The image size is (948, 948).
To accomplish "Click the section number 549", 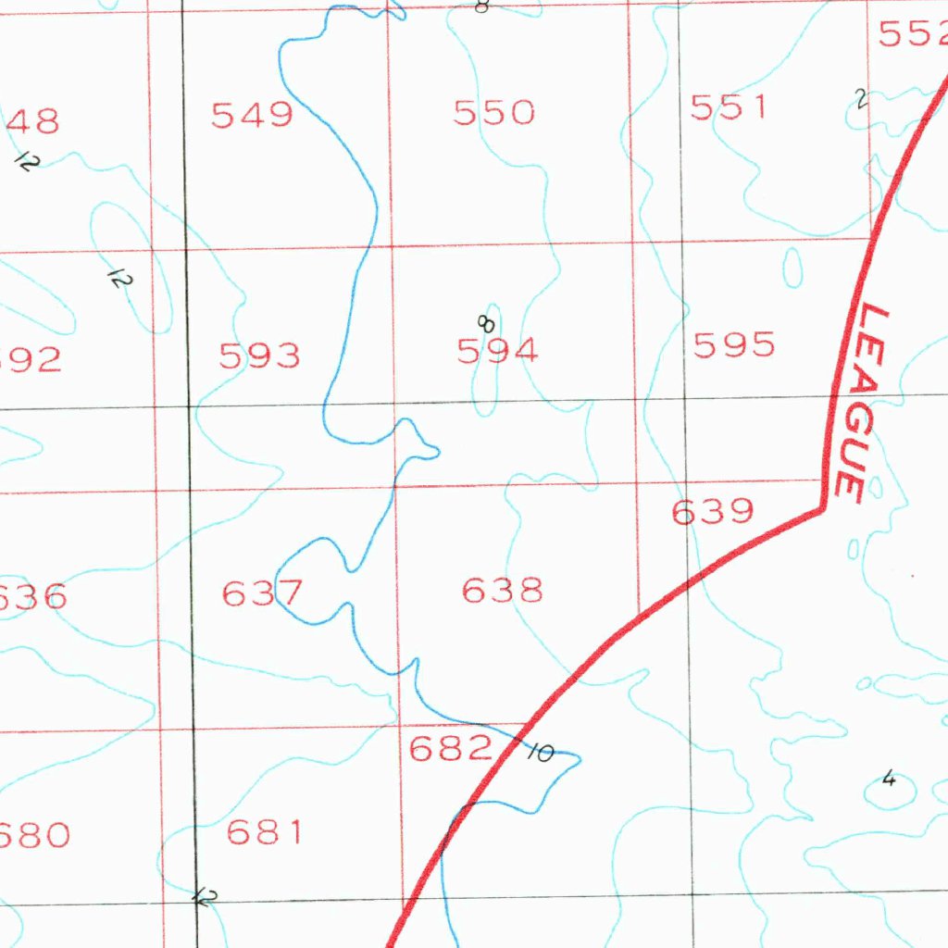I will (x=252, y=116).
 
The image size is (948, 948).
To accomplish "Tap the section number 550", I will (x=493, y=113).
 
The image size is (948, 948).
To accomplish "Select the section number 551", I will (x=729, y=107).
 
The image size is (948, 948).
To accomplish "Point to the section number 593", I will (x=259, y=355).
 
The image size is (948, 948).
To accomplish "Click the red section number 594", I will (x=497, y=351).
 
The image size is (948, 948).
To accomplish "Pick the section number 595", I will (x=733, y=345).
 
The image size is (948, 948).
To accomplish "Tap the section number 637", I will (x=262, y=592).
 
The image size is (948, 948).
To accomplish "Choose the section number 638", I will (x=502, y=590).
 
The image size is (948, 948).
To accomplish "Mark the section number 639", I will (x=712, y=511).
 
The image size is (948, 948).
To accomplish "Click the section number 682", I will (x=450, y=748).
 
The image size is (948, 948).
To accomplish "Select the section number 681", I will (x=265, y=832).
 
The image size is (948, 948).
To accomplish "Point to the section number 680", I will (x=33, y=836).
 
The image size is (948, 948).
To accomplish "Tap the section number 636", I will (x=31, y=597).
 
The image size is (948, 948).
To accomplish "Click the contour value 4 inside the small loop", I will (x=889, y=779).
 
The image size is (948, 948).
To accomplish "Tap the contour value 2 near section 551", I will (x=861, y=99).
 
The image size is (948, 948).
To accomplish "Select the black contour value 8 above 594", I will (x=485, y=323).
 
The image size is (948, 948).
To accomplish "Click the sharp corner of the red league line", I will (x=822, y=507).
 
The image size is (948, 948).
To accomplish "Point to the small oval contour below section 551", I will (x=792, y=267).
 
